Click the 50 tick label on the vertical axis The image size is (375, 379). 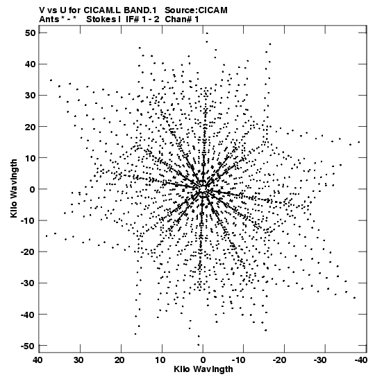click(30, 33)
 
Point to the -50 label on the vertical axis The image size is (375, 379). click(28, 346)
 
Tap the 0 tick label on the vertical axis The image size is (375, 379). click(33, 189)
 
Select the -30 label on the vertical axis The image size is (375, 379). click(28, 283)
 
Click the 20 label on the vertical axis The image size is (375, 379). click(30, 127)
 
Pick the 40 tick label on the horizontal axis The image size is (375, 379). click(38, 360)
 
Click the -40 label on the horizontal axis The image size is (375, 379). click(360, 360)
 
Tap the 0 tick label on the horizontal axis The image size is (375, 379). click(203, 360)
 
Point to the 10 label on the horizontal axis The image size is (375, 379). click(161, 360)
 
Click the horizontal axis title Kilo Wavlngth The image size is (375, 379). click(203, 369)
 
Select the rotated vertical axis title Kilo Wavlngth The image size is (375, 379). click(14, 188)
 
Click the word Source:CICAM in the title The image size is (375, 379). click(196, 10)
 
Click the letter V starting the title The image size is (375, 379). click(42, 10)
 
